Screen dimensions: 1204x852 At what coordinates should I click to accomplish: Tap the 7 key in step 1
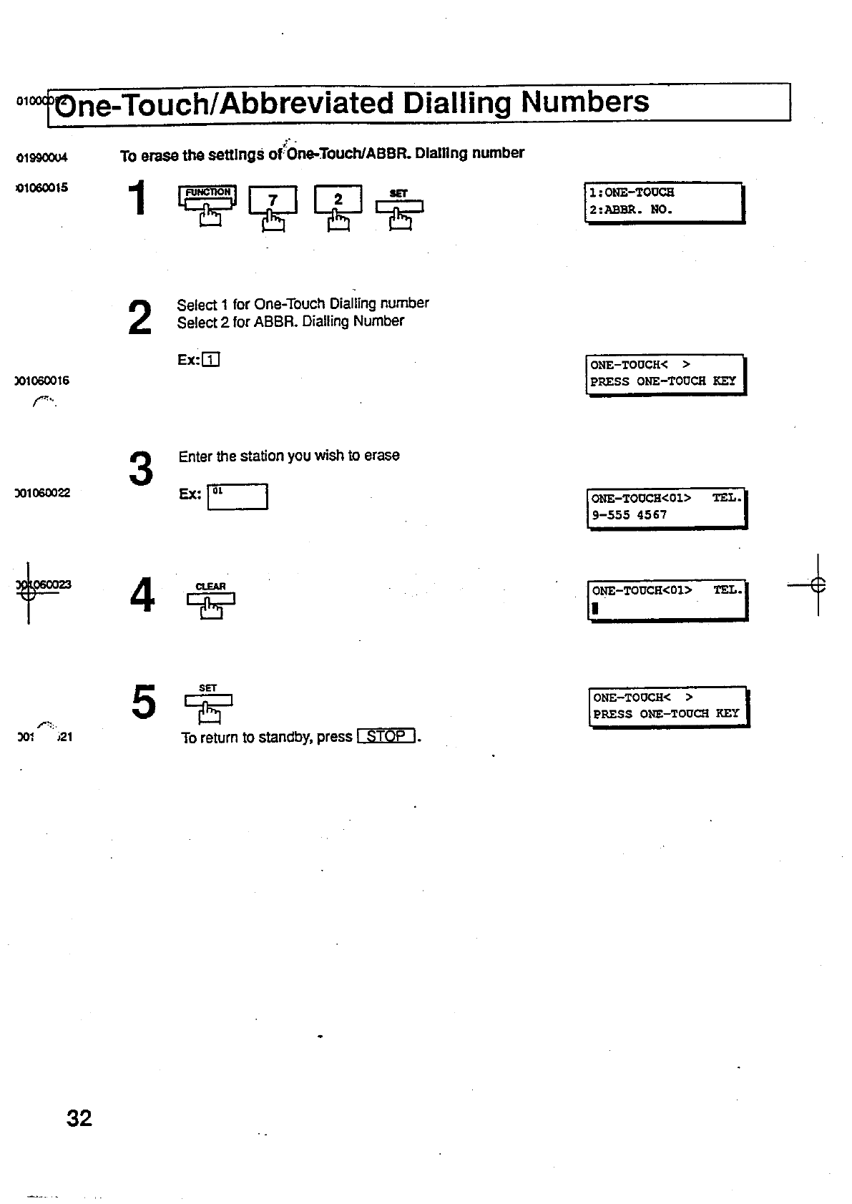click(x=272, y=200)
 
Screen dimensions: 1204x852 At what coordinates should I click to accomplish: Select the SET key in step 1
click(x=399, y=206)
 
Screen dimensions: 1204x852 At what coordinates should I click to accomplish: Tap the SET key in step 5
click(x=208, y=700)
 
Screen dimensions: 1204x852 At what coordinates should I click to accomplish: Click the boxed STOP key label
click(x=386, y=736)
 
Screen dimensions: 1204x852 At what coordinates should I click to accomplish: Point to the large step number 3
click(x=141, y=469)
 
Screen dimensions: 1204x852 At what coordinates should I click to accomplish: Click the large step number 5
click(x=143, y=702)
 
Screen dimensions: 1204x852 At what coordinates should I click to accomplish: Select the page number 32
click(x=79, y=1118)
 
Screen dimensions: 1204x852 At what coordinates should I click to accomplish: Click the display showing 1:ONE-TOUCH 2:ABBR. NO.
click(x=664, y=202)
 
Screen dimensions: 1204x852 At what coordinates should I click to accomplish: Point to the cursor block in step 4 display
click(x=594, y=609)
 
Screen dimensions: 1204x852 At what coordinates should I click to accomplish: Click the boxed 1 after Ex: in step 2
click(x=211, y=360)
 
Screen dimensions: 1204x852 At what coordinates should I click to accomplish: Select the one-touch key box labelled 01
click(x=238, y=496)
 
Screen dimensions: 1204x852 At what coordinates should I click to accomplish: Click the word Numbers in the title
click(x=584, y=102)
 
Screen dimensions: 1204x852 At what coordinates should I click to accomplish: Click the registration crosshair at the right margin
click(x=818, y=584)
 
